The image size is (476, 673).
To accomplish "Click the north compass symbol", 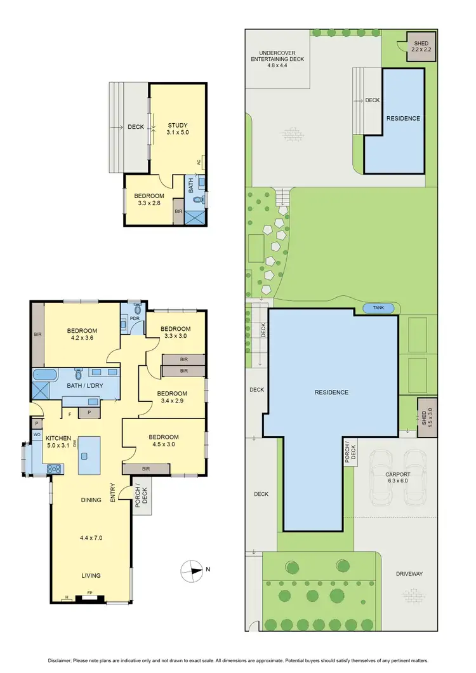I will (x=192, y=570).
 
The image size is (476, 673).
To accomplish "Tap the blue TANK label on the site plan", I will (x=378, y=308).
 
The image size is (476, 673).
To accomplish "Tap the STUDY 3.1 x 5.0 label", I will (x=178, y=128).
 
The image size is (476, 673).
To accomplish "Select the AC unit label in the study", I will (x=199, y=162).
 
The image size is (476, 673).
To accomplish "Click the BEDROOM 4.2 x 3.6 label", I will (x=82, y=334).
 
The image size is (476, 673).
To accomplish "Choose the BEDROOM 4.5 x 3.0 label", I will (x=164, y=441).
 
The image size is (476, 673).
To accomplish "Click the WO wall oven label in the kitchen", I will (x=37, y=435).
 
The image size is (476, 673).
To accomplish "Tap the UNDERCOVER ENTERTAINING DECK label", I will (x=277, y=56).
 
